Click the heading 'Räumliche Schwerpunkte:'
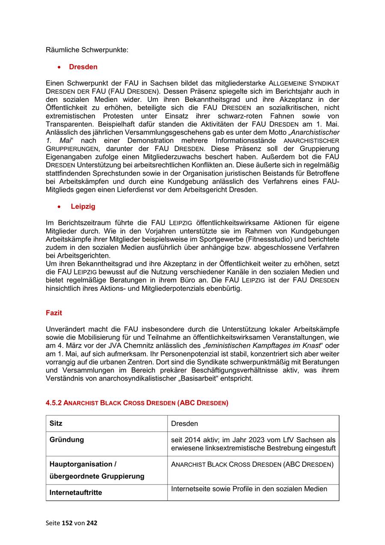[x=87, y=50]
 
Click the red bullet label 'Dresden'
[x=83, y=67]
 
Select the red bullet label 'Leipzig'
[x=83, y=206]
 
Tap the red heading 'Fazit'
[x=54, y=313]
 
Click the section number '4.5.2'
[x=54, y=403]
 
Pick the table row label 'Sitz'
[x=56, y=423]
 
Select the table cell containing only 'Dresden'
[x=184, y=424]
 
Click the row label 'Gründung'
[x=67, y=440]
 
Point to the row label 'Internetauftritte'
[x=76, y=492]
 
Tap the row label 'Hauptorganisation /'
[x=83, y=464]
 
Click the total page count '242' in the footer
[x=92, y=523]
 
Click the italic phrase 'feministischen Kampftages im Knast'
[x=263, y=346]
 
